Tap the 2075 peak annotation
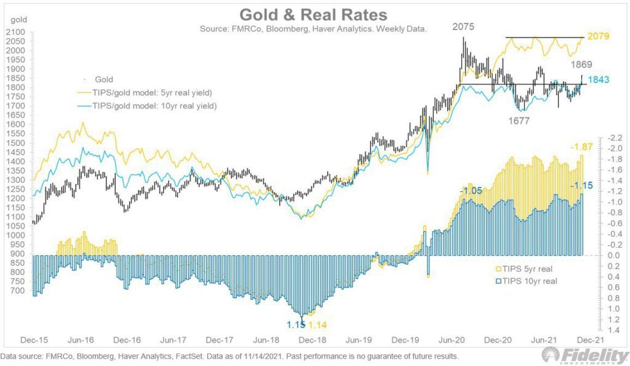(x=463, y=27)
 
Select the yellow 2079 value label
(x=598, y=37)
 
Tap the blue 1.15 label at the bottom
(x=296, y=325)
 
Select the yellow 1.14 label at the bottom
(x=318, y=325)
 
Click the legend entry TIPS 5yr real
(x=520, y=268)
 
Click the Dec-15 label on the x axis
(x=34, y=339)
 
